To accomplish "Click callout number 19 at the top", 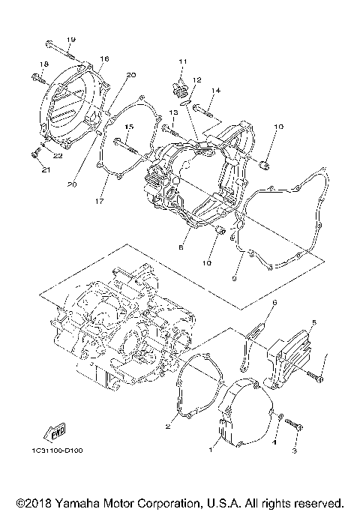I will tap(71, 40).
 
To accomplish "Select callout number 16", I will tap(103, 58).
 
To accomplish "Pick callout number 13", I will tap(172, 112).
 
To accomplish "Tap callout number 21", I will tap(44, 169).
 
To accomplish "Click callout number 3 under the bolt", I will tap(295, 451).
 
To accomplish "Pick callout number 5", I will tap(314, 322).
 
